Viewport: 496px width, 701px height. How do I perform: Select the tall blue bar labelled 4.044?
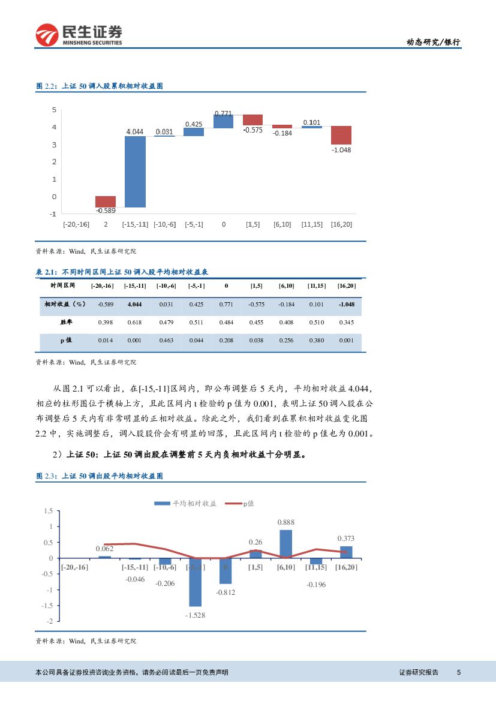pos(135,172)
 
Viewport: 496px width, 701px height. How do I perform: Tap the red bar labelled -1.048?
pos(341,135)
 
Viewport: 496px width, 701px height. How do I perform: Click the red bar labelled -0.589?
pos(106,201)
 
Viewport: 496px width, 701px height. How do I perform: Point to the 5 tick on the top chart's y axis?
pos(54,110)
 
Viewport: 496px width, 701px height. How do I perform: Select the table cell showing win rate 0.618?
pos(135,323)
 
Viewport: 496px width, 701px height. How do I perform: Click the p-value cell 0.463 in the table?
pos(166,341)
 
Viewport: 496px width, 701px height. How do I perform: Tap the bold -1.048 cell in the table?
pos(346,305)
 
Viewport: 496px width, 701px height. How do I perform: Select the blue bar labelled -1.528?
pos(196,582)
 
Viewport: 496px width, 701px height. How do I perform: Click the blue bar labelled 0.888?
pos(286,544)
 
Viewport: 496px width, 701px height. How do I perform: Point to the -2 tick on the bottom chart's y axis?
pos(49,621)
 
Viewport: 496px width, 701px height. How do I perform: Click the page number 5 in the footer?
pos(459,672)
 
